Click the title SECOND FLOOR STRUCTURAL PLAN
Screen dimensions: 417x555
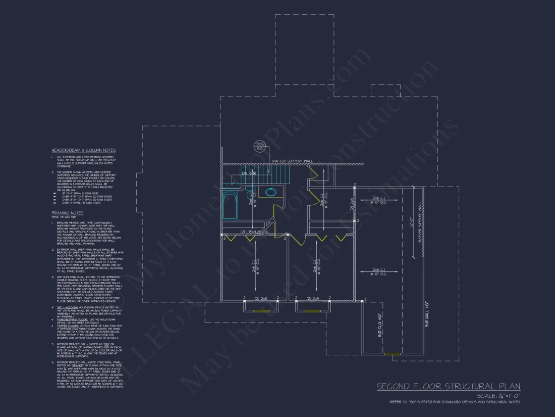pos(449,387)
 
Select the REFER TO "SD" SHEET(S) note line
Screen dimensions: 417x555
pos(455,402)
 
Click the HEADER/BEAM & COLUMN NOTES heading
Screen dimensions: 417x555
pos(83,150)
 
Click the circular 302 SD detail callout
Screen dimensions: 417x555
pos(260,146)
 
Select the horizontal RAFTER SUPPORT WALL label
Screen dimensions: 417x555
pos(292,161)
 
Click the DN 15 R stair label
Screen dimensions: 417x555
pos(249,173)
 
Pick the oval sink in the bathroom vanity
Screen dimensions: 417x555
pos(271,192)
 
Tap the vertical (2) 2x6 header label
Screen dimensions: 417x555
pos(352,204)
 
